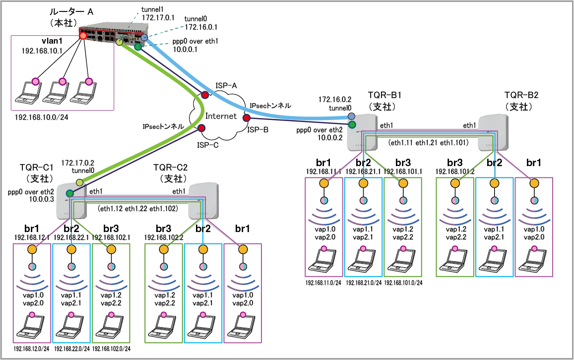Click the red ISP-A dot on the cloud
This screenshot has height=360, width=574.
coord(204,95)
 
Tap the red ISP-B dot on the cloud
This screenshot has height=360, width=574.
coord(246,118)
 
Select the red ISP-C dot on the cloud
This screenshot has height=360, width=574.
coord(201,128)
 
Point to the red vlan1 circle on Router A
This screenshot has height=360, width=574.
coord(83,36)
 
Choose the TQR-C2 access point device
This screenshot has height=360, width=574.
coord(203,201)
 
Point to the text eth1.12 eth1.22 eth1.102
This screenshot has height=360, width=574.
coord(137,208)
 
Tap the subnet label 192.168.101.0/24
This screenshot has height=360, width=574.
coord(403,283)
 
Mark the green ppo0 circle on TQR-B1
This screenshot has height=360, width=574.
coord(352,124)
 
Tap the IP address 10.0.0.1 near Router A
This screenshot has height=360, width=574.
coord(185,50)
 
